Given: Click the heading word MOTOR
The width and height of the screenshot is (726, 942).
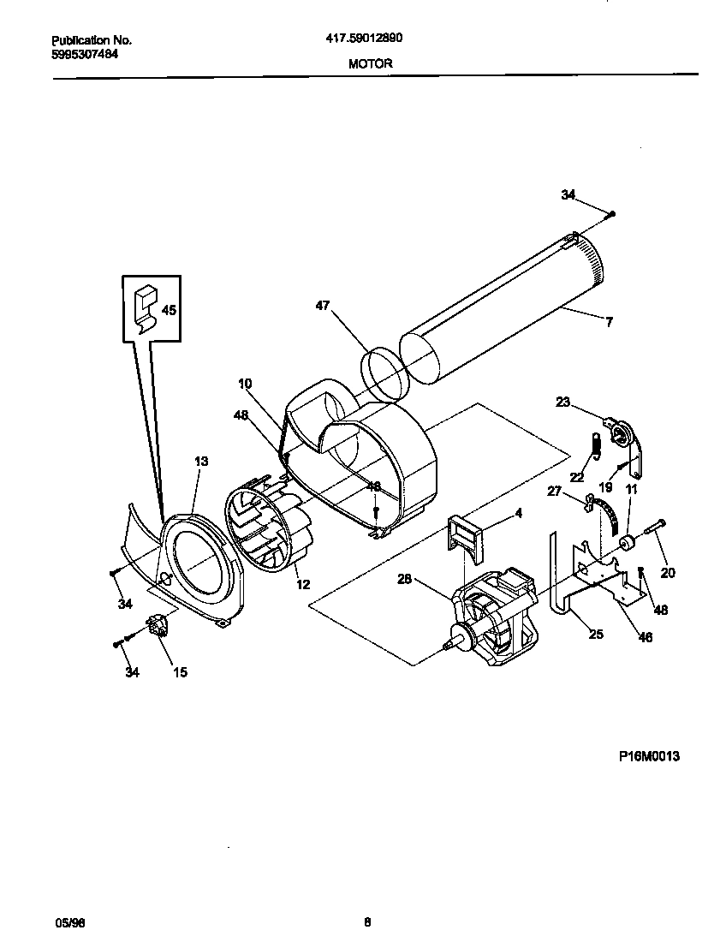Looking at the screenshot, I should point(371,63).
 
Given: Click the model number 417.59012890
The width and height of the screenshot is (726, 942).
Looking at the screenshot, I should point(364,39).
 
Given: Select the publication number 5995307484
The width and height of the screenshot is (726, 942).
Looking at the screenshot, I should point(85,54).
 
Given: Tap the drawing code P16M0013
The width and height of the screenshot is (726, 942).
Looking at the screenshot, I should point(650,756).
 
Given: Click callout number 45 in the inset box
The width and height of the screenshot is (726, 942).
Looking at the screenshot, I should point(169,311).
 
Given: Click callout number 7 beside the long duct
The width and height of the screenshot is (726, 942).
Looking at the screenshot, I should point(609,323).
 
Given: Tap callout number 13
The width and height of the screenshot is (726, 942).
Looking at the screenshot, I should point(201,462).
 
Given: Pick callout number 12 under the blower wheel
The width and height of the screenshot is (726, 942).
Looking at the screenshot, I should point(302,585).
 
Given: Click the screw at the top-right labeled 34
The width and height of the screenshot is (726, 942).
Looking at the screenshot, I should point(613,213).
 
